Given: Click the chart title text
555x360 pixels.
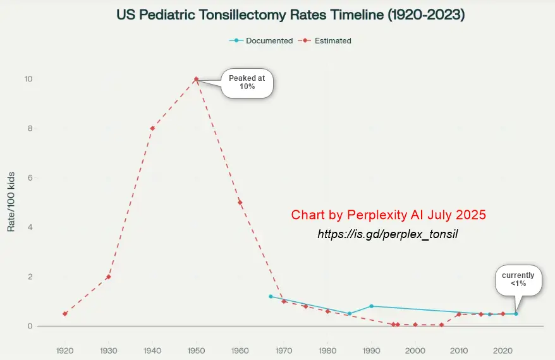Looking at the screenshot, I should point(291,15).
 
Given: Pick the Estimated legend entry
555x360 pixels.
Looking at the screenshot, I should point(327,40).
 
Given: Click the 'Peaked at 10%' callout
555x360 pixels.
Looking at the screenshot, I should point(247,82).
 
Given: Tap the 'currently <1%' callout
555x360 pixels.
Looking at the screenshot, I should point(518,280).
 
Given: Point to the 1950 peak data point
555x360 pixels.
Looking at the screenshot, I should point(196,79).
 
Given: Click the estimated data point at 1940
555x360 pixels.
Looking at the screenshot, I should point(152,128).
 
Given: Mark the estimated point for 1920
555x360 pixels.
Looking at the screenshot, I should point(64,314).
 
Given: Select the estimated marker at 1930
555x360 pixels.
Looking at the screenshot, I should point(109,277).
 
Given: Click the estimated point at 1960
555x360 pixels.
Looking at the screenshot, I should point(240,202).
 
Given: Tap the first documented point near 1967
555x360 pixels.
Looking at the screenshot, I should point(271,296).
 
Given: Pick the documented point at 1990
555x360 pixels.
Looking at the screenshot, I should point(372,306).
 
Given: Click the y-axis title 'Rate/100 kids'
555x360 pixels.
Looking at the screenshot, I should point(11,201).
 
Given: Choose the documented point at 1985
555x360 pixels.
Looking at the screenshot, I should point(350,314).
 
